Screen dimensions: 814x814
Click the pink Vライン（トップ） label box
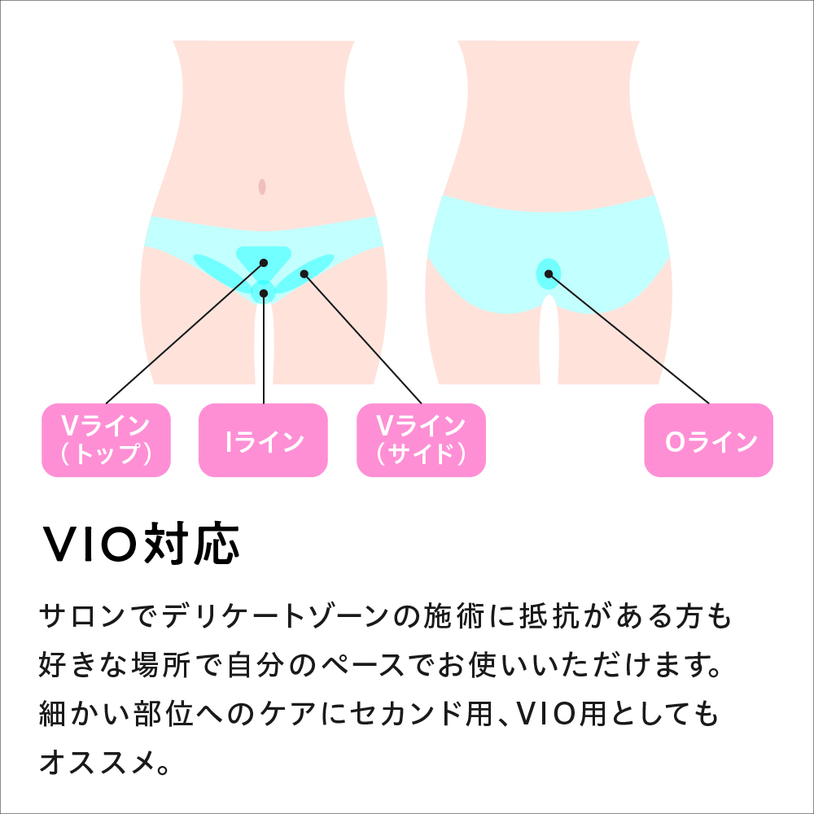pos(106,440)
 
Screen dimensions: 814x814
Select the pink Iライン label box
pos(263,440)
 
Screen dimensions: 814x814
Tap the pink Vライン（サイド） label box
pos(421,440)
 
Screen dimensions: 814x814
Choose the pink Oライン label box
pos(709,440)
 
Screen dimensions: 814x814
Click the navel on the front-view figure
pos(262,187)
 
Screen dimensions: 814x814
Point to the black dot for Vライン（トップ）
pos(264,263)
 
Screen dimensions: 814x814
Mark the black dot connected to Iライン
pos(264,294)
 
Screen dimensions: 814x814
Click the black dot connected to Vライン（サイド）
pos(304,274)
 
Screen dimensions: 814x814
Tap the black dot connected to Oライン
pos(549,274)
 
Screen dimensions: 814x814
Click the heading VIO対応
pos(140,544)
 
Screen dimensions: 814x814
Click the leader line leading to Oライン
pos(628,339)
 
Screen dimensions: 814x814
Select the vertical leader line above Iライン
pos(264,348)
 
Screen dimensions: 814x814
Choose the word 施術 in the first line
pos(453,617)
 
